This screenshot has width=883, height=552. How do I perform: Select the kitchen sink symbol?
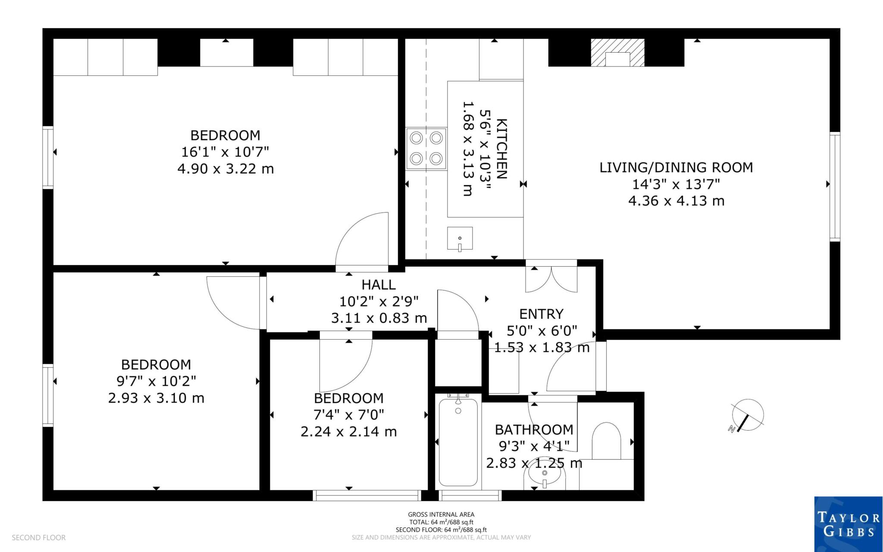(x=460, y=239)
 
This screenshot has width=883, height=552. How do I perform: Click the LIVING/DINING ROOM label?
(x=676, y=167)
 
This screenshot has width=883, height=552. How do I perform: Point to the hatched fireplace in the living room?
(x=617, y=52)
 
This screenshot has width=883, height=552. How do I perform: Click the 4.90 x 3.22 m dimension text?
(x=225, y=169)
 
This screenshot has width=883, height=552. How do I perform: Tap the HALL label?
(x=379, y=284)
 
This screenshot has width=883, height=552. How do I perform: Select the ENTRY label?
(x=541, y=314)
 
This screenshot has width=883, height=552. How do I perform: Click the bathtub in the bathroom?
(x=458, y=442)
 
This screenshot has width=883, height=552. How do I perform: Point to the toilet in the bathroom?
(x=606, y=441)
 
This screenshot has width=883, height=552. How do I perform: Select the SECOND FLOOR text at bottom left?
(x=39, y=538)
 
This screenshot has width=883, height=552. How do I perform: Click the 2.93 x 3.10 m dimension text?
(x=156, y=398)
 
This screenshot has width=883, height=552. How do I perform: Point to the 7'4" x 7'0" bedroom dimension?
(x=349, y=415)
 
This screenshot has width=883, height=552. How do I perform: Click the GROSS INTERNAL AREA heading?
(x=441, y=514)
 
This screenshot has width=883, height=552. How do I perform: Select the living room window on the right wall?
(x=835, y=186)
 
